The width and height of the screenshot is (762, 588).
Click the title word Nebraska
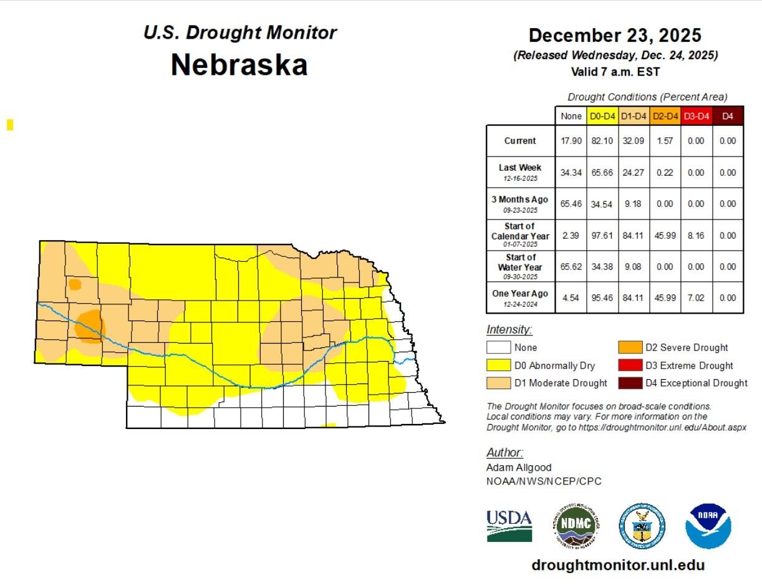[239, 64]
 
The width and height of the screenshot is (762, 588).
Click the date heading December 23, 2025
[615, 35]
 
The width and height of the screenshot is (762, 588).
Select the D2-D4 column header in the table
[665, 116]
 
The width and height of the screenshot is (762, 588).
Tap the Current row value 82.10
[602, 141]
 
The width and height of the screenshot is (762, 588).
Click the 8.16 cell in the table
[696, 236]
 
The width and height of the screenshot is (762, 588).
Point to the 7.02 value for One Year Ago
[696, 298]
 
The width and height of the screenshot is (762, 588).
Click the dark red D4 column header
[727, 116]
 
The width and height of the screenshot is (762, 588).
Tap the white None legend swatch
[498, 348]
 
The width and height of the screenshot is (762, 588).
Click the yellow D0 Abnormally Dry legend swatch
[498, 365]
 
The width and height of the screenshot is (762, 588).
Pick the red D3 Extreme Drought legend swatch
[630, 365]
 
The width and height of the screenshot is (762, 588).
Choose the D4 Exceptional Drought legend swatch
[630, 383]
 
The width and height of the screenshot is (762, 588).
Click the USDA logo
[509, 526]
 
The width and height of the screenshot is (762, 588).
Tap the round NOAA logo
[708, 526]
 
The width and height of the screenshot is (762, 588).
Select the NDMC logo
[576, 526]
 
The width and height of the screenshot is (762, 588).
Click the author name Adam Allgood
[519, 467]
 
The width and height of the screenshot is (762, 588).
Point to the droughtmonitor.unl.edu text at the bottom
[618, 565]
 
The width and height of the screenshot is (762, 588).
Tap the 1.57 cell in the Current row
[665, 141]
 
